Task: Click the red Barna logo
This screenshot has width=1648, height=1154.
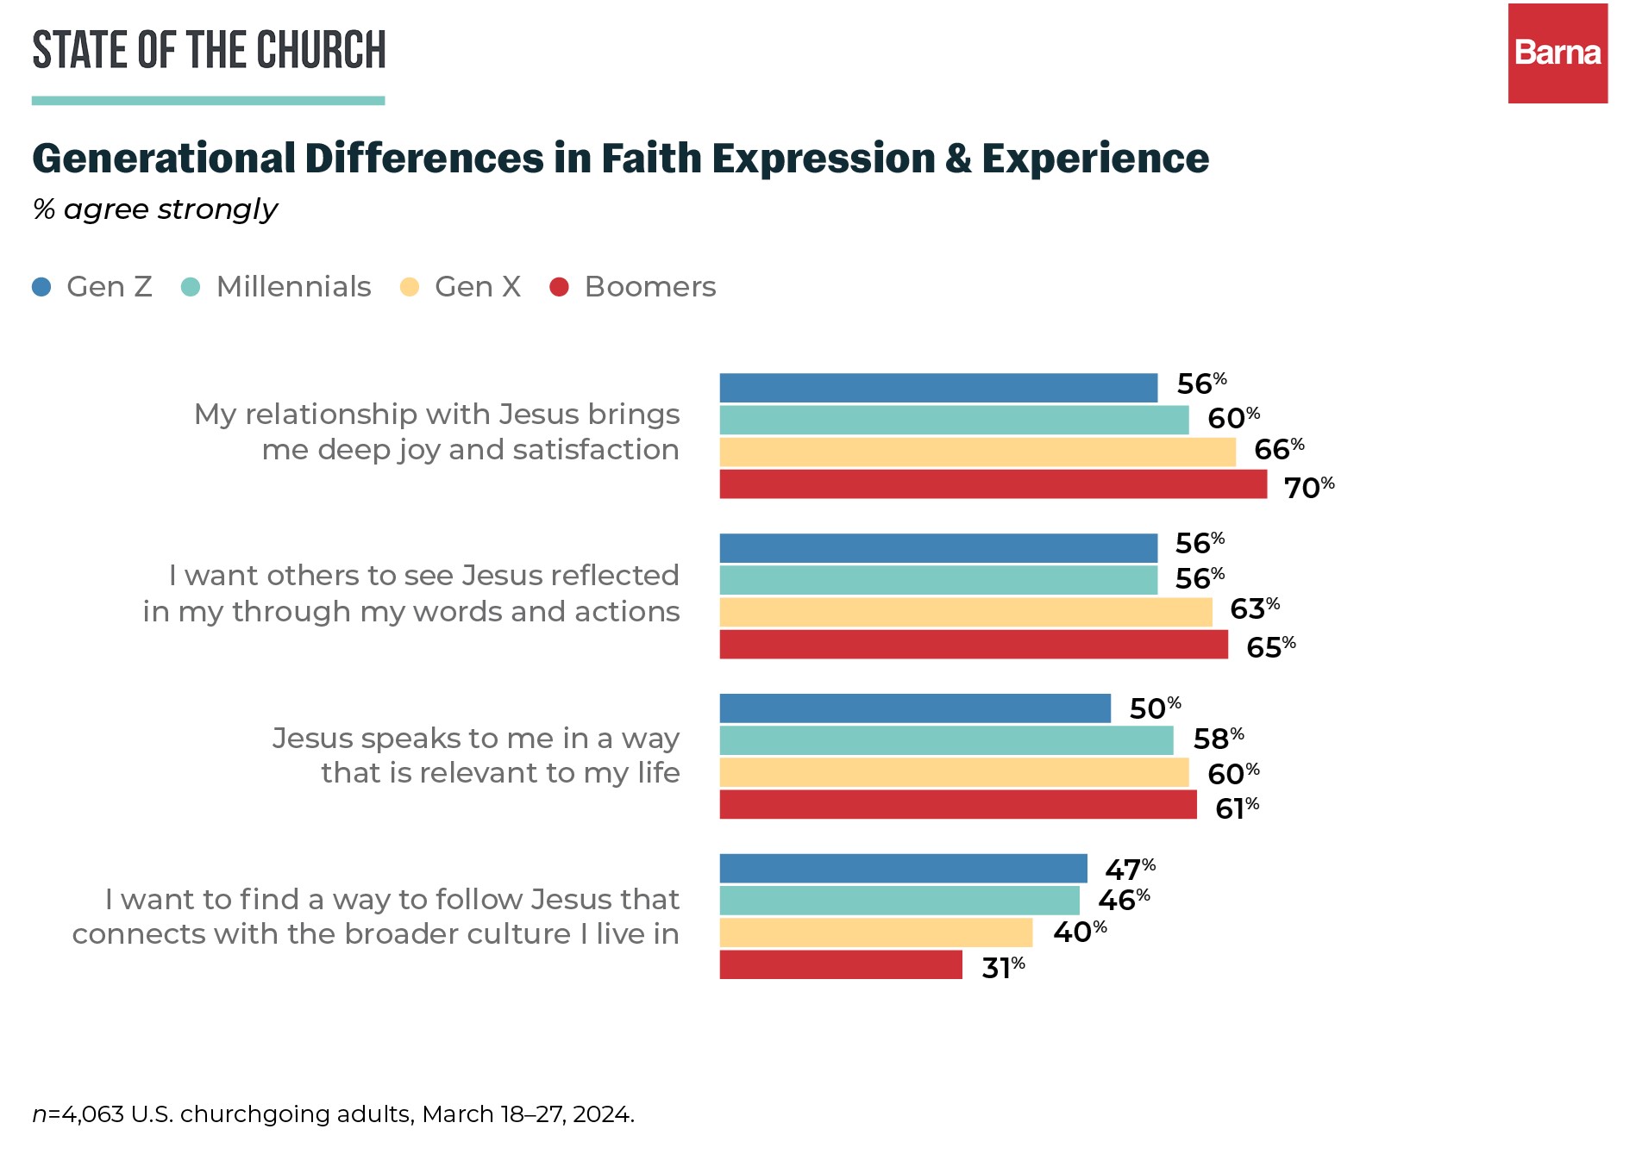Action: point(1557,53)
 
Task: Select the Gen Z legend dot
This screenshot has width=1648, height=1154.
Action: point(41,287)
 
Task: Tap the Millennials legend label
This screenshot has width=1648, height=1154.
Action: point(293,287)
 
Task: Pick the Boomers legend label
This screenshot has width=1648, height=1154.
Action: point(649,287)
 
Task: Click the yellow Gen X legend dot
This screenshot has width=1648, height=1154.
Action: point(410,287)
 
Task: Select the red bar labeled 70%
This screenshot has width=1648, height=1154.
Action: point(993,484)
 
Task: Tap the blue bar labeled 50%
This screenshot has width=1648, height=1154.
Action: point(915,708)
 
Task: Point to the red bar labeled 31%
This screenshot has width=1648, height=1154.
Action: point(841,964)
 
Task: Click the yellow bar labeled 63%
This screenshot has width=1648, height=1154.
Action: point(966,612)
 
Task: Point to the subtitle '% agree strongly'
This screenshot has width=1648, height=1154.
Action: point(155,209)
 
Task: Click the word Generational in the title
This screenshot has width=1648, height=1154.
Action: point(164,159)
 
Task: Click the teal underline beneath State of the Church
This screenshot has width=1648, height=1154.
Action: point(208,101)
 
